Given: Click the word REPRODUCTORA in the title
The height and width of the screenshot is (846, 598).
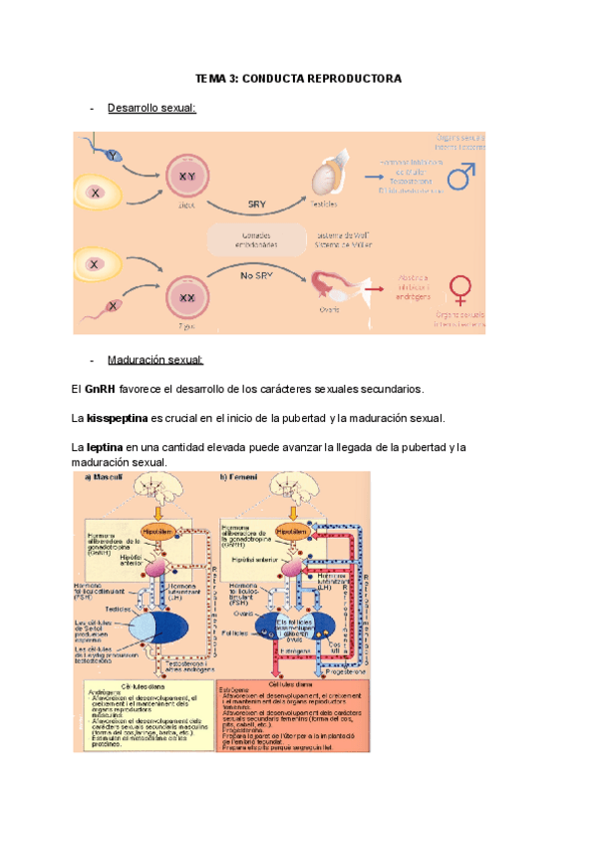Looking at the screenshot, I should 354,79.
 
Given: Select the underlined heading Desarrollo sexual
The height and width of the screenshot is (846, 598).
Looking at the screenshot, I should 151,108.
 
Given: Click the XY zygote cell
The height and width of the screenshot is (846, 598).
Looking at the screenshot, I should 186,177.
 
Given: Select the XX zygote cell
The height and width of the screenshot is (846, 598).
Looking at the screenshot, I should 186,296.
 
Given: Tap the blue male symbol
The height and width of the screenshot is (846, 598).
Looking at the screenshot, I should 459,177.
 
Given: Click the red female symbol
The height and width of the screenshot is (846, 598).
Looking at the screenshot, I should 460,289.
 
